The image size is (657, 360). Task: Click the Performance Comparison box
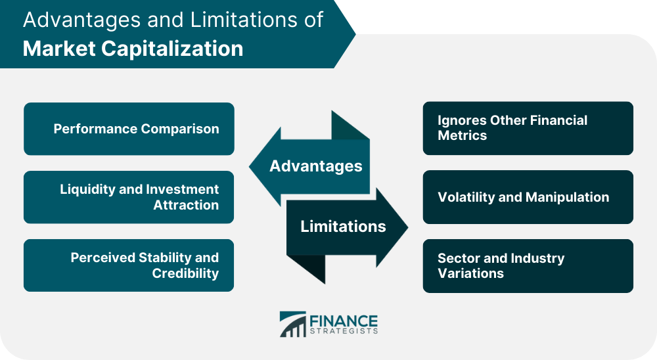[129, 129]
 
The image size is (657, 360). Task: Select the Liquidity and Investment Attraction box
[129, 197]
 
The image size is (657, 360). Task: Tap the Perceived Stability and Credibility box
[129, 265]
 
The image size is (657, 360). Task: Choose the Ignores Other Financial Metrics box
[528, 128]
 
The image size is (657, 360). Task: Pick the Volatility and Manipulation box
[528, 197]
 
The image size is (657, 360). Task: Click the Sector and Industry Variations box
[528, 265]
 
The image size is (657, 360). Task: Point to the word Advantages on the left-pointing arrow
[316, 166]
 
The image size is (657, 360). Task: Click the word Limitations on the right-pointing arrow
[343, 226]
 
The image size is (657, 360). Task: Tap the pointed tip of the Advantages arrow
[249, 166]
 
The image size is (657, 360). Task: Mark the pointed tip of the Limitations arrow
[408, 227]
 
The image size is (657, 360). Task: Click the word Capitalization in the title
[172, 49]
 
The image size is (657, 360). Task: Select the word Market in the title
[60, 49]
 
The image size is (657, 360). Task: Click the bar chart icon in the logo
[292, 324]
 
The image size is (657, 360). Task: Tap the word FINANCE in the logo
[344, 321]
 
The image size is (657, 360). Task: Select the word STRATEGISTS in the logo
[344, 331]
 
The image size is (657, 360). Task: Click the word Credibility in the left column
[185, 273]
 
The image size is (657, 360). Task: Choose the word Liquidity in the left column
[87, 189]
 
